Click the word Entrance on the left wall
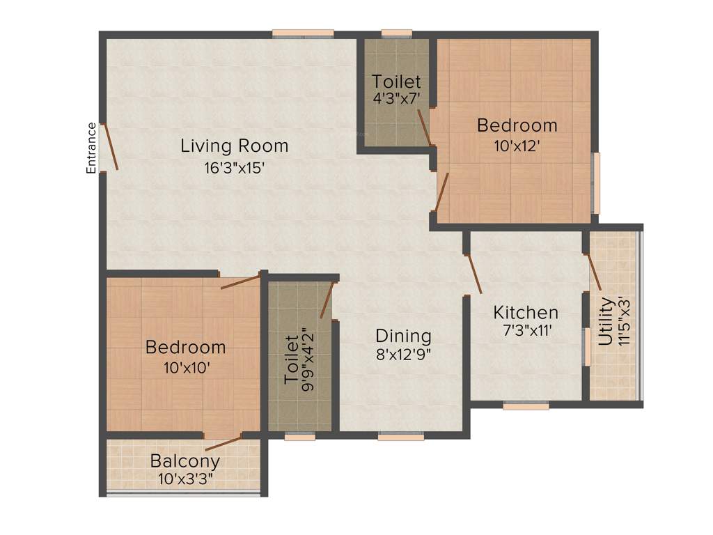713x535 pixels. coord(91,148)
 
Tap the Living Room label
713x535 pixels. coord(234,146)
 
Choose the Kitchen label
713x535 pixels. coord(526,312)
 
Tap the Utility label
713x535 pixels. coord(606,322)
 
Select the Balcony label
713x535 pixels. coord(185,461)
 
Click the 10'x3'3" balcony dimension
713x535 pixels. coord(185,479)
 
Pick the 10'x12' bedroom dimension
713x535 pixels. coord(517,146)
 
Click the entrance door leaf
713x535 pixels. coord(110,146)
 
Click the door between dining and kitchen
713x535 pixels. coord(474,274)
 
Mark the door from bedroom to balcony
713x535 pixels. coord(223,443)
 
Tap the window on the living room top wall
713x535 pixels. coord(302,32)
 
